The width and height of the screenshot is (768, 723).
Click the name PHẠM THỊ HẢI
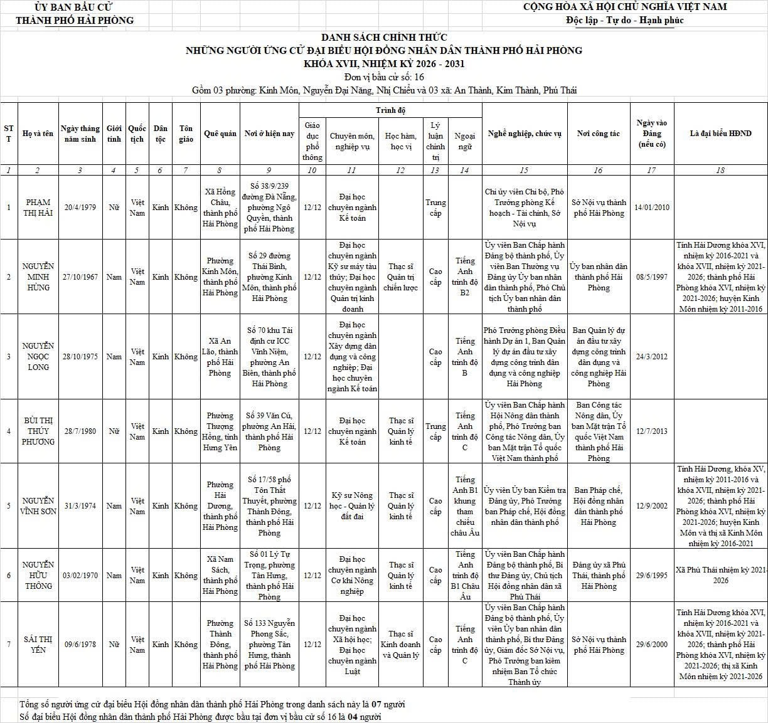tap(38, 208)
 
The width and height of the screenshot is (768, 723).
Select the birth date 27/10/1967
tap(80, 277)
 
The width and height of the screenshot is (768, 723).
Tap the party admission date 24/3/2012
tap(652, 357)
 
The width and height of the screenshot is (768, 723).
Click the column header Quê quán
tap(220, 134)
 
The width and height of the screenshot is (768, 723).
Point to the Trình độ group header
tap(390, 110)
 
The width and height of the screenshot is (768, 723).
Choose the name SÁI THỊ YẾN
tap(38, 644)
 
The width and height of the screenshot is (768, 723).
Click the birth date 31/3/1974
tap(80, 506)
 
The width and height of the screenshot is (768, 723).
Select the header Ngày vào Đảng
tap(652, 133)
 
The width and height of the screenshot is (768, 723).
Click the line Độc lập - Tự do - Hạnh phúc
tap(624, 20)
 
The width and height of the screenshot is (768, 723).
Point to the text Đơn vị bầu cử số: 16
tap(384, 77)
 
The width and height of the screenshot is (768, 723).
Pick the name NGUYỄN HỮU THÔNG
tap(38, 575)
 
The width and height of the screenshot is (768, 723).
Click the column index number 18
tap(720, 170)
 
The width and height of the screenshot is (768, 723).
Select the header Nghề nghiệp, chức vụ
tap(525, 134)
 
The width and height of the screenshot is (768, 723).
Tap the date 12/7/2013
tap(652, 431)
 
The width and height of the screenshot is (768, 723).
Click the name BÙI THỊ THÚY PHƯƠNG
tap(38, 431)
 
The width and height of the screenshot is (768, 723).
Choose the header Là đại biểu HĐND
tap(720, 134)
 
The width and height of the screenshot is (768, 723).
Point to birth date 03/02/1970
tap(80, 575)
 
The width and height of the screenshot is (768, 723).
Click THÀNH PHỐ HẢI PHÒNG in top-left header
tap(75, 20)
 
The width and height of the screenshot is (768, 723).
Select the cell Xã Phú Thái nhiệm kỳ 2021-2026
tap(720, 575)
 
